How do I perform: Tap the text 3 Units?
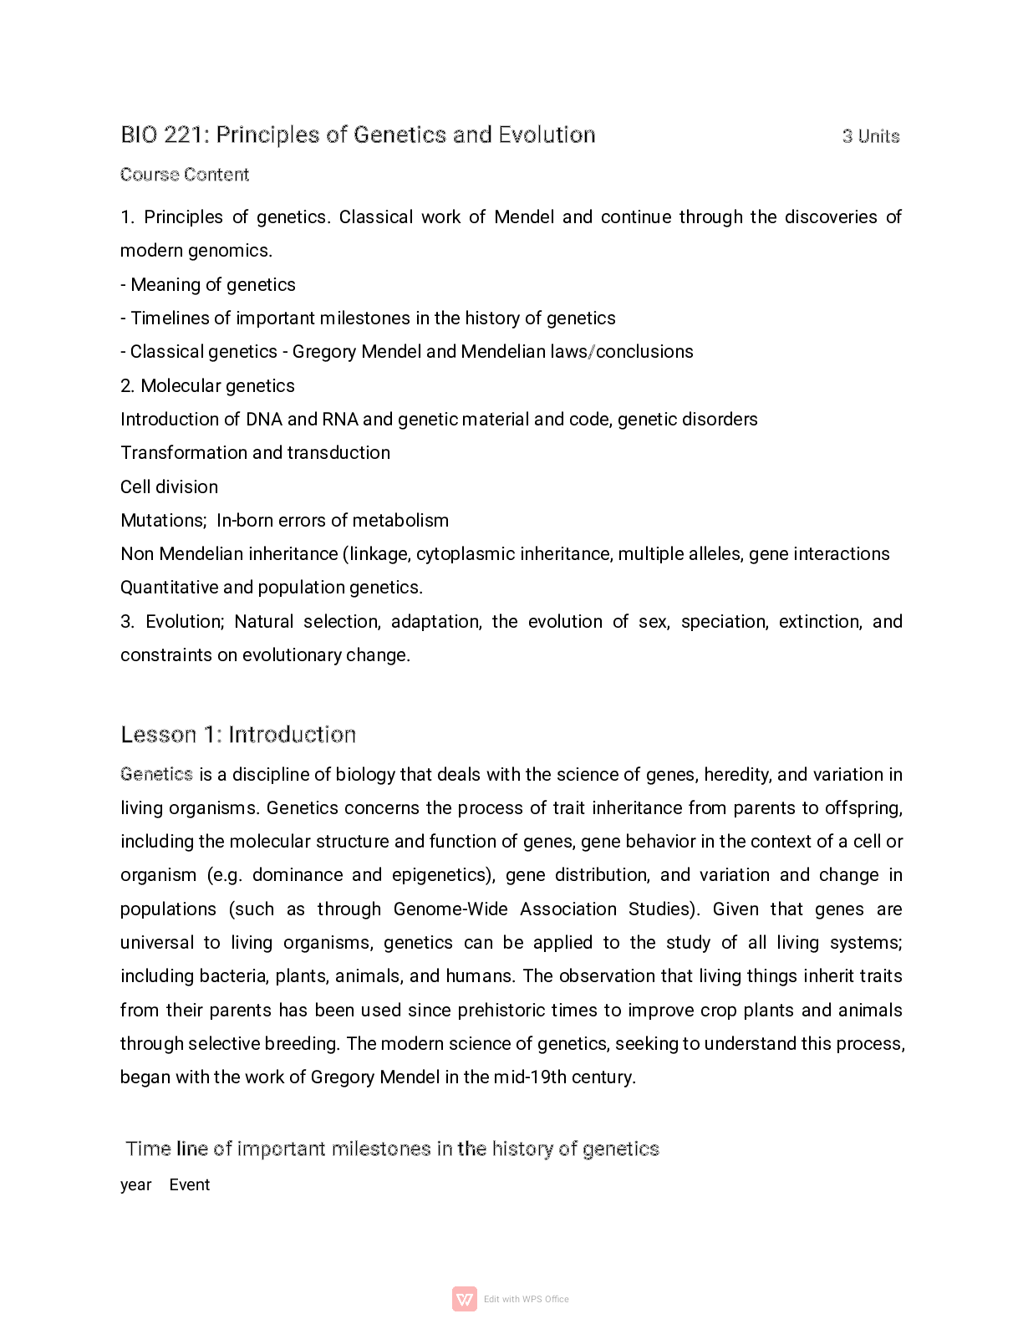tap(871, 136)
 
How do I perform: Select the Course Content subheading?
tap(185, 175)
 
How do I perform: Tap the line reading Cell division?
tap(169, 487)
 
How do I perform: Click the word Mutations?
tap(163, 521)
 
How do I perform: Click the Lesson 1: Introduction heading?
tap(238, 735)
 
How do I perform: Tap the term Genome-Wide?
tap(450, 909)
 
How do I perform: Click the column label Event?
tap(190, 1185)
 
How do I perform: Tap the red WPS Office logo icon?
tap(465, 1299)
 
